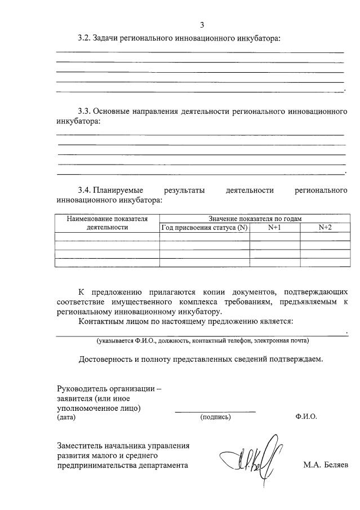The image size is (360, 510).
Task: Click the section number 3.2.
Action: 83,38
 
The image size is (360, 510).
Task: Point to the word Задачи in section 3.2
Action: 106,38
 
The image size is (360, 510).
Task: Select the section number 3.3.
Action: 83,111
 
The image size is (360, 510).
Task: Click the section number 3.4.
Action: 83,189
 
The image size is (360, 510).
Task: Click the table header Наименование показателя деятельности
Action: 107,223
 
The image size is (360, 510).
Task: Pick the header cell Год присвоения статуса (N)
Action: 205,228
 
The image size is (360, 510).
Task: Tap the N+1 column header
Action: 274,228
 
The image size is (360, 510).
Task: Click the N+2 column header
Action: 325,228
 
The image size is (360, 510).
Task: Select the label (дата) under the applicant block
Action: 66,418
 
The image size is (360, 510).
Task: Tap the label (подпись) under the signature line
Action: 215,418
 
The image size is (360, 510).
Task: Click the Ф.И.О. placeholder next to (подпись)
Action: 305,418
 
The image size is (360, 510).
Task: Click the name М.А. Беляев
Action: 326,465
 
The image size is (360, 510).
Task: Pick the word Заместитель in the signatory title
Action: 79,445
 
